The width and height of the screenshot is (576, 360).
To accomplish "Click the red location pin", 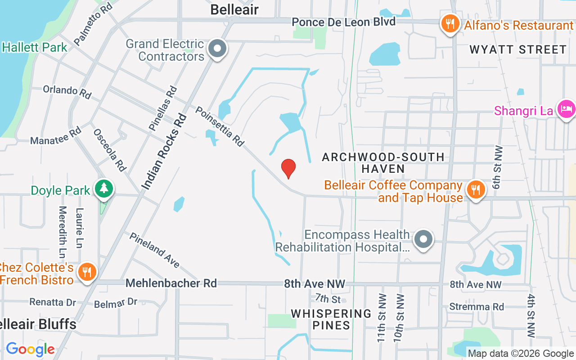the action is coord(288,169).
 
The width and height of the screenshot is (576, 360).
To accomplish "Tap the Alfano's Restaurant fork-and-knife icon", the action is coord(450,24).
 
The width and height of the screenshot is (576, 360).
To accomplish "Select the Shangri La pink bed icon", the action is coord(566,109).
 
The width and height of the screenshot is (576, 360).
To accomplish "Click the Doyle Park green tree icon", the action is coord(104,189).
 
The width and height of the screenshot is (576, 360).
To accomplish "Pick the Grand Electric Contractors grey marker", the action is coord(218,48).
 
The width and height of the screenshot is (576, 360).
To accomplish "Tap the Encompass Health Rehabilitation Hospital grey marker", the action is coord(423,239).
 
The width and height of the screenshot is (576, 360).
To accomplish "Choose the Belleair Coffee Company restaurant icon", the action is coord(475,189).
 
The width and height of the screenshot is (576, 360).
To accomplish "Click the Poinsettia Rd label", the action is coord(220,126).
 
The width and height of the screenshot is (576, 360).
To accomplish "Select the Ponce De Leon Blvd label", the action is coord(343,22).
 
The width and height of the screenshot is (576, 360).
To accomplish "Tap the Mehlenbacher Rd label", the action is coord(171,283).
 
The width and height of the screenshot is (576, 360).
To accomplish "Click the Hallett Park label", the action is coord(35,47).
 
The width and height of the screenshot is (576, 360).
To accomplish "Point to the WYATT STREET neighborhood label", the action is coord(518,49).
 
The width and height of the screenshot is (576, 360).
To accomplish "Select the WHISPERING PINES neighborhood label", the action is coord(331,319).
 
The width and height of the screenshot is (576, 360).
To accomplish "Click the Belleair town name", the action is coord(234,9).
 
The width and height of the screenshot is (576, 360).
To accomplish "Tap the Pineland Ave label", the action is coord(155,250).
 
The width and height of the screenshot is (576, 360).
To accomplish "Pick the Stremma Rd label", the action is coord(477,306).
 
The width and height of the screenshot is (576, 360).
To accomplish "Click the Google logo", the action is coord(30,349).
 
